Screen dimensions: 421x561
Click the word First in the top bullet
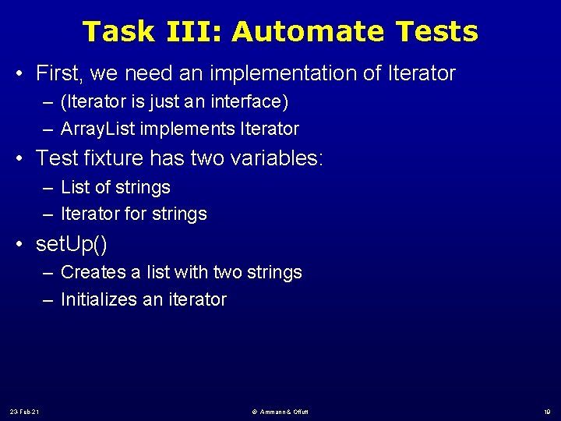coord(58,74)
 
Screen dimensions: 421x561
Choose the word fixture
coord(108,159)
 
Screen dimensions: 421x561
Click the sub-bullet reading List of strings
coord(115,187)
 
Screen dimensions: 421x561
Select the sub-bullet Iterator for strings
coord(133,214)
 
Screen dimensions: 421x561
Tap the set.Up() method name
coord(72,244)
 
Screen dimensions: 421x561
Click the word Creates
coord(93,272)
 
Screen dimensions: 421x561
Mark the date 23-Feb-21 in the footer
coord(26,411)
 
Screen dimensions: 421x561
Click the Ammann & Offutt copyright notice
coord(280,411)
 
